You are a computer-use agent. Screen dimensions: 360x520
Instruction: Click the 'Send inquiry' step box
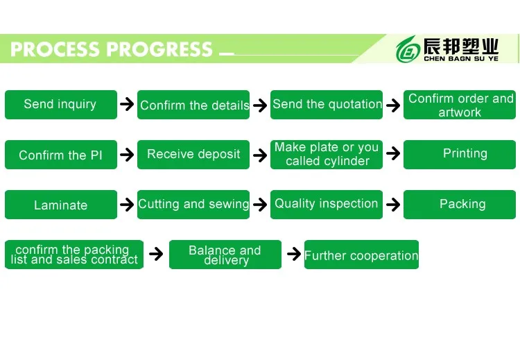pyautogui.click(x=60, y=105)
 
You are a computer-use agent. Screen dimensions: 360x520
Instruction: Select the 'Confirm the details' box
pyautogui.click(x=193, y=105)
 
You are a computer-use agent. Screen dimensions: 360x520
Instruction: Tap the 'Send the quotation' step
pyautogui.click(x=327, y=105)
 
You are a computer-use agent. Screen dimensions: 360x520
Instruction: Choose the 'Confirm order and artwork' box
pyautogui.click(x=460, y=105)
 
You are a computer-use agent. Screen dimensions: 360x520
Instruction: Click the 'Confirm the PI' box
pyautogui.click(x=60, y=155)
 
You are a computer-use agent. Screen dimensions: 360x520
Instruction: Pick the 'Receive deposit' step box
pyautogui.click(x=193, y=155)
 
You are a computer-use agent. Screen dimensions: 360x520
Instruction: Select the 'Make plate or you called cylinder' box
pyautogui.click(x=327, y=155)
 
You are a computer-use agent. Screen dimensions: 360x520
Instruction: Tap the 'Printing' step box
pyautogui.click(x=460, y=155)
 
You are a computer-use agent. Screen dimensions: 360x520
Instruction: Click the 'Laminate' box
pyautogui.click(x=60, y=205)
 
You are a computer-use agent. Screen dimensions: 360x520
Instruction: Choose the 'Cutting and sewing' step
pyautogui.click(x=193, y=205)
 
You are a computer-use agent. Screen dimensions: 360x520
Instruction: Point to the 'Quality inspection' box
pyautogui.click(x=327, y=205)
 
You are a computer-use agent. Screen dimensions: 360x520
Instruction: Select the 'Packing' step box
pyautogui.click(x=460, y=205)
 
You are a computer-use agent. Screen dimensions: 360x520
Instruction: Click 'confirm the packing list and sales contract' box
pyautogui.click(x=74, y=255)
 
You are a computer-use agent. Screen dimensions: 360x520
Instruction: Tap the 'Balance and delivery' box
pyautogui.click(x=225, y=255)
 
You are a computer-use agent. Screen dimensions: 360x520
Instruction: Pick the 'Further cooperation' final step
pyautogui.click(x=361, y=255)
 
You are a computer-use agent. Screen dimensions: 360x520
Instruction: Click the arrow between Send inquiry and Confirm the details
pyautogui.click(x=127, y=105)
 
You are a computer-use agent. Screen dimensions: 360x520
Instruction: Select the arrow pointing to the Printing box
pyautogui.click(x=393, y=153)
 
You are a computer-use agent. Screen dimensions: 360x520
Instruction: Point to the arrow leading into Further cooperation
pyautogui.click(x=293, y=254)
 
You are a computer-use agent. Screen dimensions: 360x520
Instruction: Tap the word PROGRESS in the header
pyautogui.click(x=160, y=50)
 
